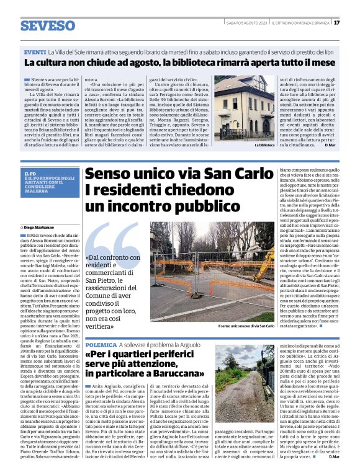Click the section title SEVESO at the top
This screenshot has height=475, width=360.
[48, 25]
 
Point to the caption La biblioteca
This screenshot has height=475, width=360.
[264, 144]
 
